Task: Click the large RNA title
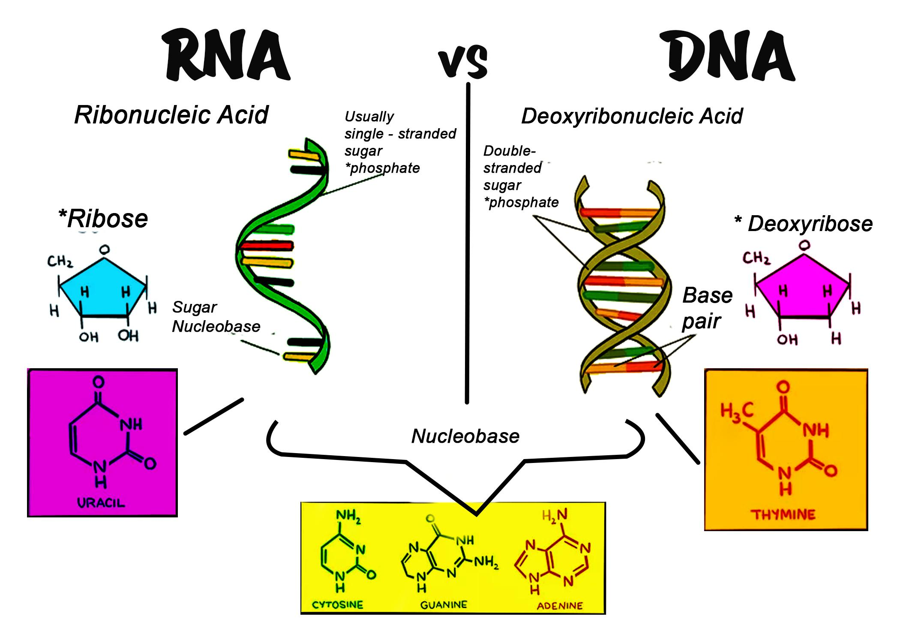pyautogui.click(x=227, y=56)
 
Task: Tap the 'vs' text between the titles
pyautogui.click(x=463, y=62)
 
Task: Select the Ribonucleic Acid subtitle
pyautogui.click(x=171, y=115)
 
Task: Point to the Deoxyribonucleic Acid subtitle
pyautogui.click(x=632, y=116)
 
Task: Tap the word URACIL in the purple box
pyautogui.click(x=101, y=502)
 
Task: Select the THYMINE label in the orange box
pyautogui.click(x=783, y=514)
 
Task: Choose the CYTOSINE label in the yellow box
pyautogui.click(x=338, y=605)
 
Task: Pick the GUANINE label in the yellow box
pyautogui.click(x=444, y=605)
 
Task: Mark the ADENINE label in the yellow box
pyautogui.click(x=560, y=606)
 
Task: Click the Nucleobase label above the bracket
pyautogui.click(x=465, y=436)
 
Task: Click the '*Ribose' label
pyautogui.click(x=103, y=219)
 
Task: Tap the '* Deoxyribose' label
pyautogui.click(x=804, y=224)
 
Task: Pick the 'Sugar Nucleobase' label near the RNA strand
pyautogui.click(x=216, y=317)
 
